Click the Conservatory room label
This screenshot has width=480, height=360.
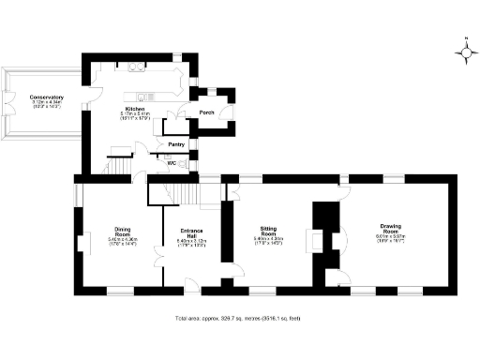coord(46,98)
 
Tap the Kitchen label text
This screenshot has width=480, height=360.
coord(137,110)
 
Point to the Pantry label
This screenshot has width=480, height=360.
coord(175,144)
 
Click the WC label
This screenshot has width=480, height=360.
coord(171,163)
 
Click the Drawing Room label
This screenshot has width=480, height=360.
coord(391,229)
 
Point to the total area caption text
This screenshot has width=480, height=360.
coord(239,320)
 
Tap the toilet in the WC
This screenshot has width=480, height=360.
coord(185,163)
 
